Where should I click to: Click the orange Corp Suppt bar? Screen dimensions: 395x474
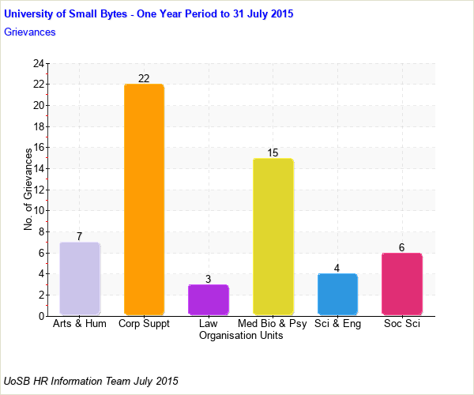click(144, 199)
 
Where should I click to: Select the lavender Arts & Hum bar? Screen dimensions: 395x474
click(80, 278)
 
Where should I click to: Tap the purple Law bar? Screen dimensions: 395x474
click(209, 299)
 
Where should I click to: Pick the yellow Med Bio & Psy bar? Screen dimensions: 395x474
click(273, 236)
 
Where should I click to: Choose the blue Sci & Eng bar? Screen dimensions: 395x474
click(337, 294)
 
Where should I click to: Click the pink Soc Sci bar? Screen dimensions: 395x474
click(401, 284)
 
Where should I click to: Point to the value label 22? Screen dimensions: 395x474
click(144, 78)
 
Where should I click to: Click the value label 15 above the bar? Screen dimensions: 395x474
click(273, 152)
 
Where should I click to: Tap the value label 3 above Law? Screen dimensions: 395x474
click(209, 279)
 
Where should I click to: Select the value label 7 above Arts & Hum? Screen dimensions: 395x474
click(80, 236)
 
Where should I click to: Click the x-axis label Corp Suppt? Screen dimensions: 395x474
click(144, 324)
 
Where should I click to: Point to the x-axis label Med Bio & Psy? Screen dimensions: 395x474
click(273, 324)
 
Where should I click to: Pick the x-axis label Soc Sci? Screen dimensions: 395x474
click(401, 324)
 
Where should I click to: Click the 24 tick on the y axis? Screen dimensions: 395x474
click(39, 63)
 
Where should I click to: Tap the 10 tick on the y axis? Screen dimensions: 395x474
click(39, 211)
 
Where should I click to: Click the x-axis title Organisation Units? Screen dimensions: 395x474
click(241, 336)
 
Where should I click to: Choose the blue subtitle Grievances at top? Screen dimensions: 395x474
click(30, 32)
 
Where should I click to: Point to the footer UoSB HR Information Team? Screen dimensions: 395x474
click(92, 381)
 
